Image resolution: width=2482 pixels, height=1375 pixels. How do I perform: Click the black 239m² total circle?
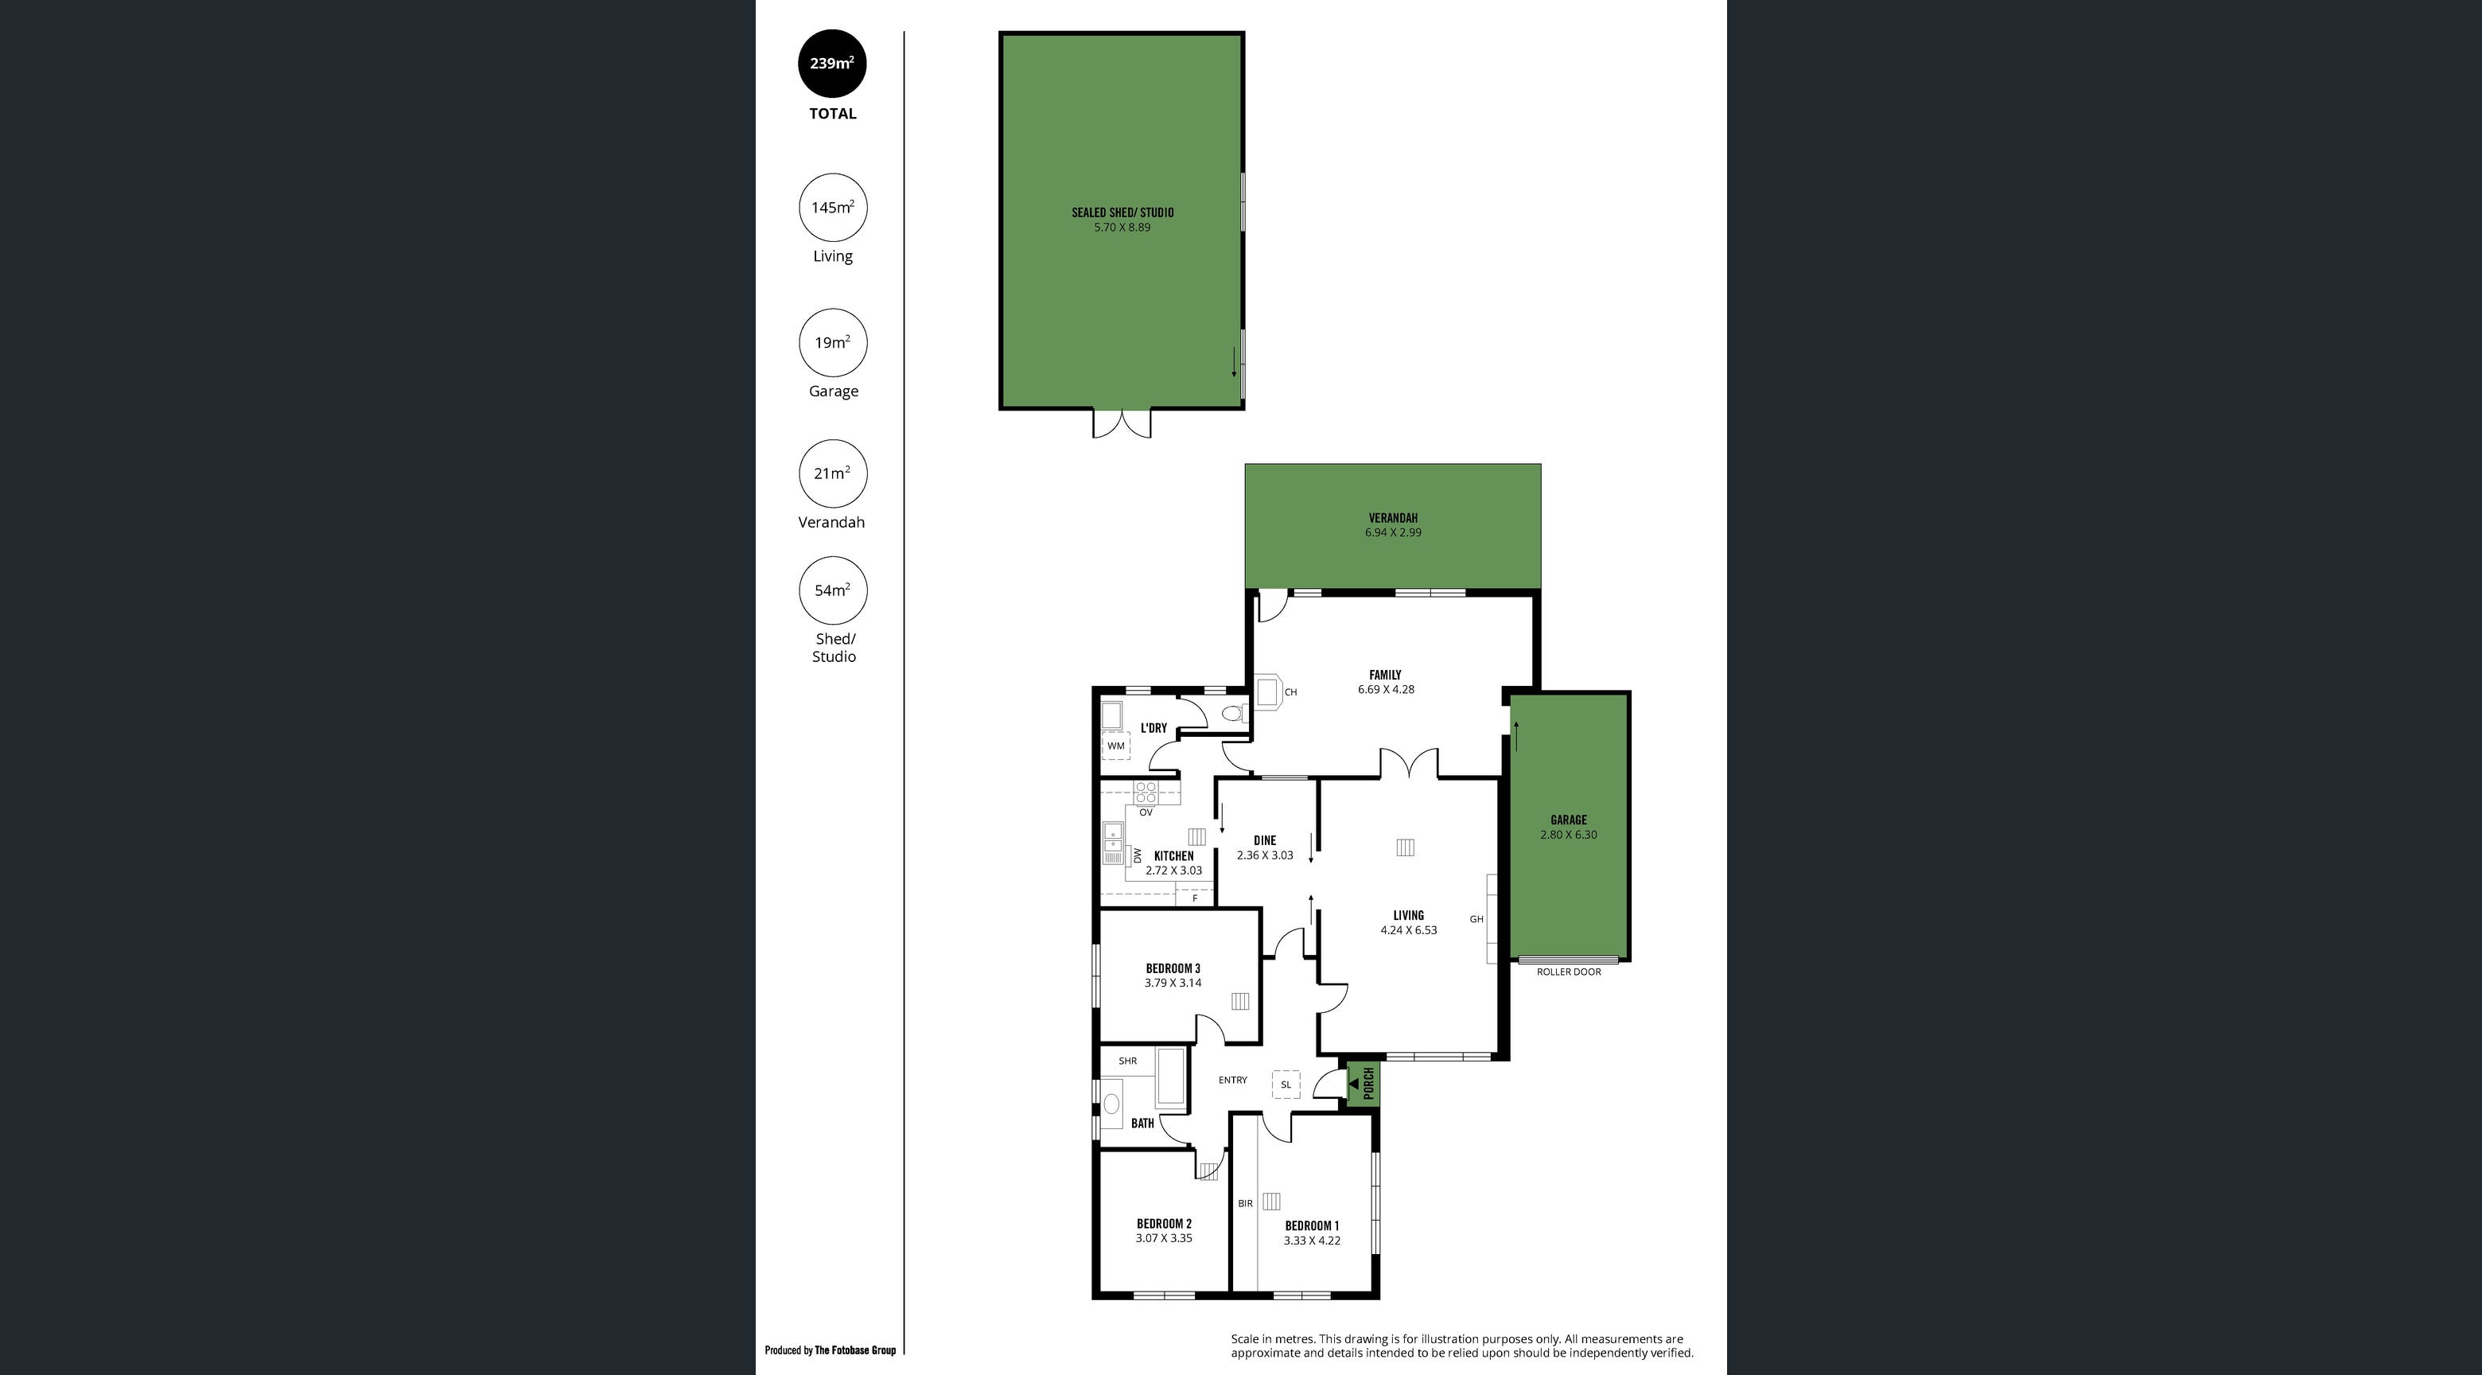coord(832,64)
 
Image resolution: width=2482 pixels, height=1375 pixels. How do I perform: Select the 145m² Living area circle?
coord(832,207)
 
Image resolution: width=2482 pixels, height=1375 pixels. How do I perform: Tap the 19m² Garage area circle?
coord(832,342)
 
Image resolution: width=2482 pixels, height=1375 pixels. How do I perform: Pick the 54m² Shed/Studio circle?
coord(832,590)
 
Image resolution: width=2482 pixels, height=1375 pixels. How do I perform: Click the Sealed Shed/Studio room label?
coord(1122,212)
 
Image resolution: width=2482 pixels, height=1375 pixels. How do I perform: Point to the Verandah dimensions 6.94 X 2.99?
coord(1392,532)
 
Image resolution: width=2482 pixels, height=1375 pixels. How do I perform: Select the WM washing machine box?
coord(1116,746)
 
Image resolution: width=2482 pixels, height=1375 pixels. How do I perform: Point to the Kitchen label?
coord(1173,855)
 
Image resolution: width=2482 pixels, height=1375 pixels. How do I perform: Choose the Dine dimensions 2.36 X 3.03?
coord(1265,855)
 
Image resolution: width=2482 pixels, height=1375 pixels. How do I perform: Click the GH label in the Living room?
coord(1476,919)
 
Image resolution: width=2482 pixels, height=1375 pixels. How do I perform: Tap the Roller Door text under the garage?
coord(1569,972)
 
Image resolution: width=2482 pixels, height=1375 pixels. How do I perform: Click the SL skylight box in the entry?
coord(1286,1084)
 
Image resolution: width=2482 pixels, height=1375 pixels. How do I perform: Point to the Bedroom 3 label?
coord(1173,968)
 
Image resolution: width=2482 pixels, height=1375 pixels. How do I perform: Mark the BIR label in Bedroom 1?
coord(1245,1203)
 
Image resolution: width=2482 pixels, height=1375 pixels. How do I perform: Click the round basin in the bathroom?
coord(1112,1104)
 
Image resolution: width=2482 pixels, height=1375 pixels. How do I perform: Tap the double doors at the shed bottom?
coord(1122,424)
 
